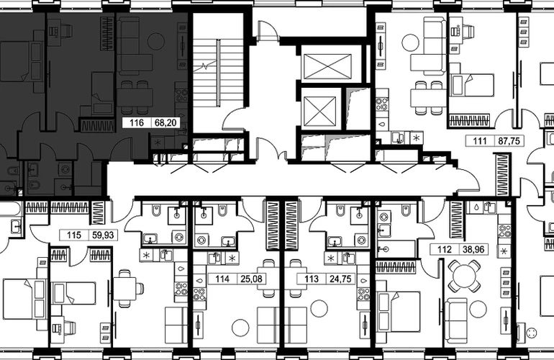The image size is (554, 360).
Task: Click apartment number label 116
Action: coord(137,122)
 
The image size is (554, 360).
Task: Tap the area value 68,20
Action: coord(165,122)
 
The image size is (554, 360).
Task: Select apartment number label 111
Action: coord(480,140)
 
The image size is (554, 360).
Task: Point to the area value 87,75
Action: coord(509,140)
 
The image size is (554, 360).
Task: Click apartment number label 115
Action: coord(74,235)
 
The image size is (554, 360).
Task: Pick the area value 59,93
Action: coord(103,235)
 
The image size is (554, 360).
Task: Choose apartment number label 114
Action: coord(222,279)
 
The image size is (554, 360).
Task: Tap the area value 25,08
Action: coord(251,279)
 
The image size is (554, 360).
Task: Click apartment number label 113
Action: coord(312,279)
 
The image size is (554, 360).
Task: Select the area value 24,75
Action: coord(340,279)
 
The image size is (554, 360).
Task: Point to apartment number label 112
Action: coord(445,249)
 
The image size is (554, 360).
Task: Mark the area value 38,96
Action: coord(473,249)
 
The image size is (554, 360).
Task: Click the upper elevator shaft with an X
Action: coord(327,66)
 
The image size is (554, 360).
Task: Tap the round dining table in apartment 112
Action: coord(463,276)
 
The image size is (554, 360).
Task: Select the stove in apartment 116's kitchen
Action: coord(181,95)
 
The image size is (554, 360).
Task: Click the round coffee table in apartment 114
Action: coord(240,328)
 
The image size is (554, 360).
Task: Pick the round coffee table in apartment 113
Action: coord(319,308)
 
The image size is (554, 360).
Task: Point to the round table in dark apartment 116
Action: coord(156,41)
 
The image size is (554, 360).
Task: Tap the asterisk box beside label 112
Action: coord(504,251)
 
